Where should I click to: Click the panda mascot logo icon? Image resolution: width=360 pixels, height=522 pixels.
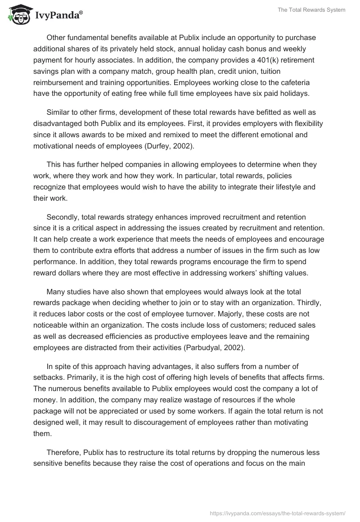click(x=17, y=15)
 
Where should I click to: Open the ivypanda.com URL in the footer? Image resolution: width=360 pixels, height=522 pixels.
click(x=278, y=513)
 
